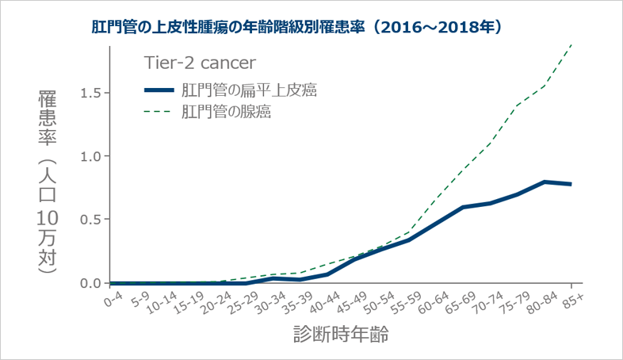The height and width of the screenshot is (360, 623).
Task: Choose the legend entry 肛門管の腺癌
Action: tap(226, 111)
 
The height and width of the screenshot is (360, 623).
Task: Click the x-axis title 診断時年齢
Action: tap(338, 335)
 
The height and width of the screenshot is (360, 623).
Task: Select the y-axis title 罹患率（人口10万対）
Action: tap(47, 182)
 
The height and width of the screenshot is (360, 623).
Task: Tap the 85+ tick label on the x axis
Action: tap(572, 300)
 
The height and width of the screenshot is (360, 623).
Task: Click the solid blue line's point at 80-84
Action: tap(545, 182)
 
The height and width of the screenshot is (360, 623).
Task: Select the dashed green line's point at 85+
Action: tap(571, 44)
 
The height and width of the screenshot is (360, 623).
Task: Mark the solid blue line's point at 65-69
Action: tap(462, 207)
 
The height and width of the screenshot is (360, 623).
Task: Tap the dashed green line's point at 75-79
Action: tap(517, 105)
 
